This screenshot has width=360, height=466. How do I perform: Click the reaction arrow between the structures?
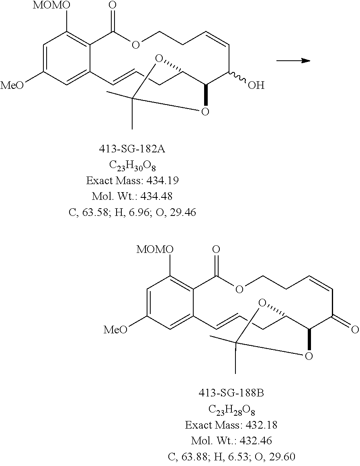pos(293,60)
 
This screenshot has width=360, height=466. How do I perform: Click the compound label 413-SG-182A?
pos(133,149)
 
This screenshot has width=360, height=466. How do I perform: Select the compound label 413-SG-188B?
pos(231,393)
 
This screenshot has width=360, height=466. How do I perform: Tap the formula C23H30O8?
pos(133,165)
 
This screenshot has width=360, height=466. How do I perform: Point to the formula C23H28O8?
pos(232,409)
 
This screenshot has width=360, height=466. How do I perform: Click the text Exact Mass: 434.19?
pos(133,181)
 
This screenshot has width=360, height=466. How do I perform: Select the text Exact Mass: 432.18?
pos(231,425)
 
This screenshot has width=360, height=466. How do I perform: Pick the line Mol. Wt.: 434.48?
pos(133,196)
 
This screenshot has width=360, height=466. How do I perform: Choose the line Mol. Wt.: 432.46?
pos(231,440)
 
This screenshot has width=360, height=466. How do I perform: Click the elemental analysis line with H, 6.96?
pos(133,212)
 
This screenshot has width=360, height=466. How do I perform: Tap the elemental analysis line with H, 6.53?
pos(231,456)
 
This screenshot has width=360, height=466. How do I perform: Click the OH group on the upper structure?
pos(256,85)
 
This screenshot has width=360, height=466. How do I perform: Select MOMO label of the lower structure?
pos(155,249)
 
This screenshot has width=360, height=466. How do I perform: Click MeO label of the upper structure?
pos(12,85)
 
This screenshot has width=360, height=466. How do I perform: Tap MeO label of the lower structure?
pos(115,330)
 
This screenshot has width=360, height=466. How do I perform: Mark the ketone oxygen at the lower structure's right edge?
pos(355,330)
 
